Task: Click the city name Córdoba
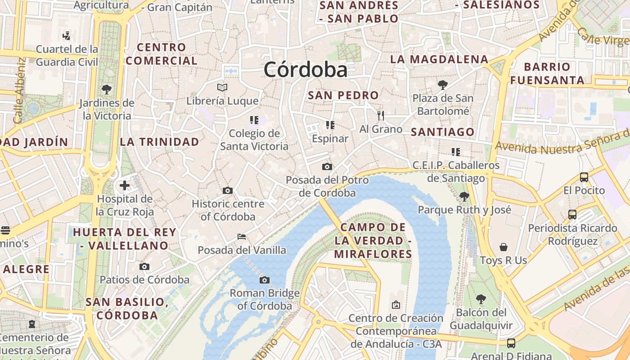(x=306, y=70)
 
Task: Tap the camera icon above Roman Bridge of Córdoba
(x=265, y=280)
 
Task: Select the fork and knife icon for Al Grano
(x=381, y=116)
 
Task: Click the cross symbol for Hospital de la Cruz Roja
(x=125, y=185)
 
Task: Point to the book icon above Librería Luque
(x=222, y=87)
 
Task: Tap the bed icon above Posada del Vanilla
(x=242, y=237)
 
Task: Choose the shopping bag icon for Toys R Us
(x=503, y=247)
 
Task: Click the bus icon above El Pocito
(x=584, y=177)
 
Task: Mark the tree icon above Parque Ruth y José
(x=464, y=197)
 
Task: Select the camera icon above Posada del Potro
(x=327, y=167)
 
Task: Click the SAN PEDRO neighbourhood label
(x=343, y=95)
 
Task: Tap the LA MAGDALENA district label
(x=439, y=59)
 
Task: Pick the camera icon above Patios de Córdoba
(x=144, y=267)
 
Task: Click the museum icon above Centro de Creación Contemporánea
(x=396, y=305)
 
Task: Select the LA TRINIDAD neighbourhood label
(x=159, y=142)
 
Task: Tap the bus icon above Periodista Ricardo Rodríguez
(x=572, y=215)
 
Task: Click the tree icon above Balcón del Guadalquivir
(x=481, y=299)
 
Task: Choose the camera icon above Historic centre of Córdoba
(x=228, y=190)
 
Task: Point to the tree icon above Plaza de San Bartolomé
(x=443, y=85)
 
